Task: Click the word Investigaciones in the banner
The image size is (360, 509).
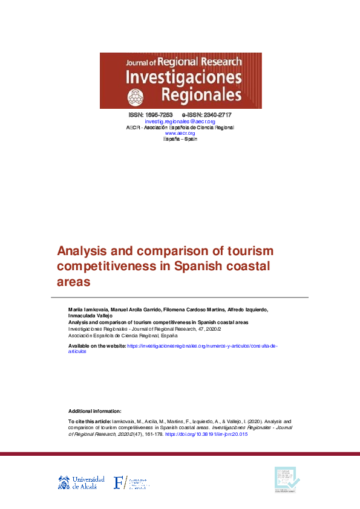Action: click(183, 77)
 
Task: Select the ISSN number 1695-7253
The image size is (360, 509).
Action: click(159, 115)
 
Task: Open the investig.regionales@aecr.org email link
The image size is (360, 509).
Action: click(180, 122)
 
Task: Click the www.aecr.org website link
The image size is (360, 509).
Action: click(180, 133)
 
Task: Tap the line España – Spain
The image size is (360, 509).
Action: click(180, 139)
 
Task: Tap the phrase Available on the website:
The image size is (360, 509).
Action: click(97, 345)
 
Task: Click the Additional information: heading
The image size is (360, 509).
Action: click(94, 410)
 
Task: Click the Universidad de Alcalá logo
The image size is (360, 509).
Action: click(81, 482)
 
